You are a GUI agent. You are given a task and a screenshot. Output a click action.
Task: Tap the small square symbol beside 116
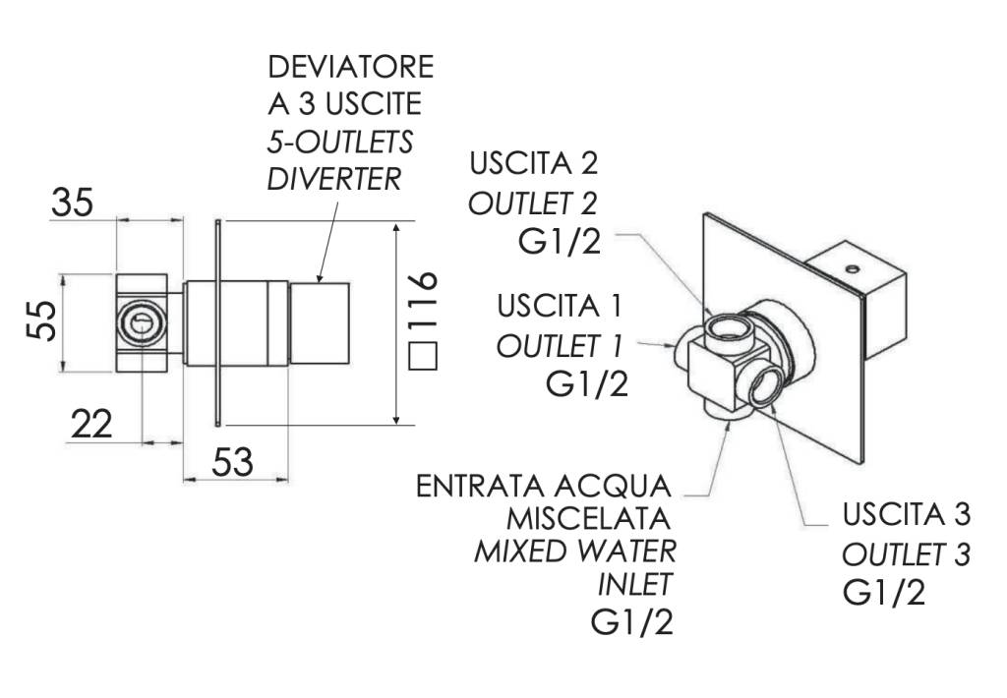click(422, 356)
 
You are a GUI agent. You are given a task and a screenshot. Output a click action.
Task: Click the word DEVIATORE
click(350, 68)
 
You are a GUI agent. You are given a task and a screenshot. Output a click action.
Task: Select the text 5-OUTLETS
click(340, 143)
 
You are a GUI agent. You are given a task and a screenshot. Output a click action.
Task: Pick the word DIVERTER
click(334, 180)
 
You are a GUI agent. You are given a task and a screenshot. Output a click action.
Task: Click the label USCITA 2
click(533, 161)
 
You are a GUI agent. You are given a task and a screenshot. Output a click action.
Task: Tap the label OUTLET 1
click(562, 345)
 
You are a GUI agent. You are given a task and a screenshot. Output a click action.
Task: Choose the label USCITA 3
click(906, 514)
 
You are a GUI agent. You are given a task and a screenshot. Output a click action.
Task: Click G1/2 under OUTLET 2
click(557, 242)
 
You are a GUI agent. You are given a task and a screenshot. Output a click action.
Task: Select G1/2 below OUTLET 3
click(884, 593)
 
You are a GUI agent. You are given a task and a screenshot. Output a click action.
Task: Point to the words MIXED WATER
click(575, 550)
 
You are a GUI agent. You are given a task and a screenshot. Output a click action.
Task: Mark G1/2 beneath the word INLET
click(632, 621)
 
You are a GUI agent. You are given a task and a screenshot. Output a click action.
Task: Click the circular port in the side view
click(142, 323)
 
